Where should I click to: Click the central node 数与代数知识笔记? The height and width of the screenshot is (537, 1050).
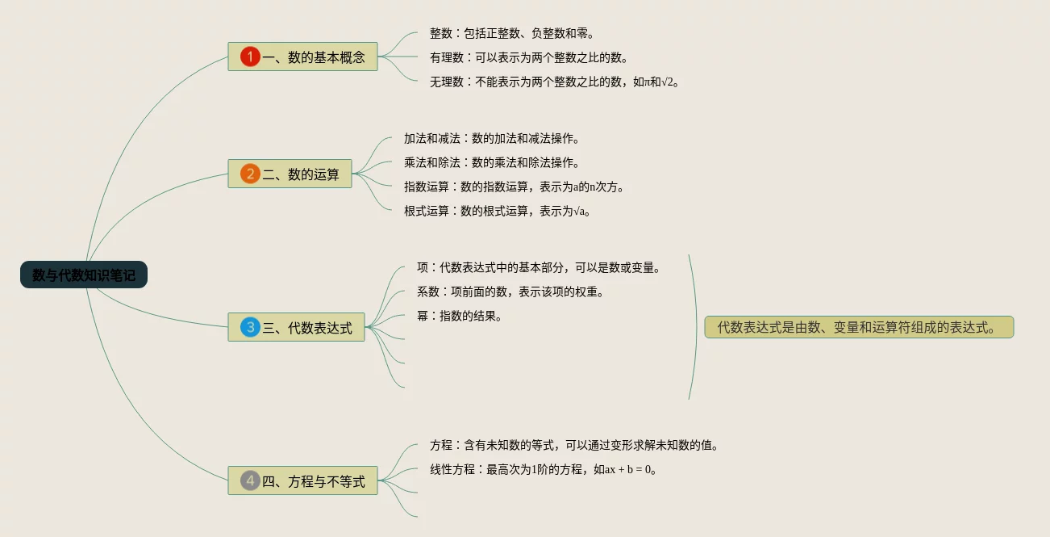84,275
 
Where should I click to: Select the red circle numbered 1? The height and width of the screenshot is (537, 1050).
250,57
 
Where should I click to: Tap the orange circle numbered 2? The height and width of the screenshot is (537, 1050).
250,174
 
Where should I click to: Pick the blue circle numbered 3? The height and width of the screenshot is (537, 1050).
250,327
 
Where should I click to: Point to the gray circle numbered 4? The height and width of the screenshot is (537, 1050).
250,481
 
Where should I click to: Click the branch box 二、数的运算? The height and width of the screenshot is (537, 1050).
290,174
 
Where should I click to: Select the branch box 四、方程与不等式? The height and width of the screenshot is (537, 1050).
302,481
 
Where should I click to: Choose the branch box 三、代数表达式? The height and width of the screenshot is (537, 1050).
296,327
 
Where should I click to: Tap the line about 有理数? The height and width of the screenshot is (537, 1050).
529,57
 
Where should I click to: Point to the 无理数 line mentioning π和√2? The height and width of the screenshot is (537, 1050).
555,82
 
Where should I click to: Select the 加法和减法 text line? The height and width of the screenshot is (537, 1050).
492,138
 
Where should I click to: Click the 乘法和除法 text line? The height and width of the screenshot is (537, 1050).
492,162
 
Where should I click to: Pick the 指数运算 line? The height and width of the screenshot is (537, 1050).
515,187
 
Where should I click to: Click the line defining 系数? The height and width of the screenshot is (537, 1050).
510,292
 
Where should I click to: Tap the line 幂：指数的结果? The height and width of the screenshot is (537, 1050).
460,316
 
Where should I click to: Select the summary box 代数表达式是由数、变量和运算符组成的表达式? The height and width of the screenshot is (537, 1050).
859,327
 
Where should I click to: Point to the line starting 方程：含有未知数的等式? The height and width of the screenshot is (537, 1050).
574,445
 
